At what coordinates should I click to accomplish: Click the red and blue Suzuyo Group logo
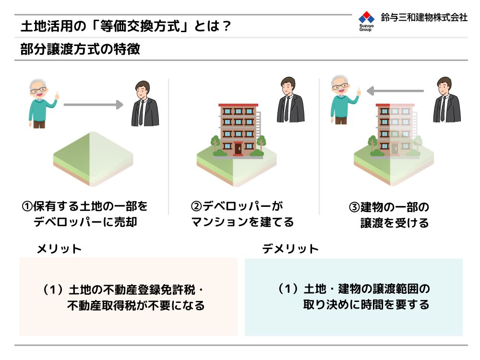366,21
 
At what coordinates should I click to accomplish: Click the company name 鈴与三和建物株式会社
424,17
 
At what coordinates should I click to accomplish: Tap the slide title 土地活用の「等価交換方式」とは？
126,26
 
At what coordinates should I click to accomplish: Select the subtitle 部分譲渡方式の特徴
80,49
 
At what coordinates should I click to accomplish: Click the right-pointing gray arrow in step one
94,105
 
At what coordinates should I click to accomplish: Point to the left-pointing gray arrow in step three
395,91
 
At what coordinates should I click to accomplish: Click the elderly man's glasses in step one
38,90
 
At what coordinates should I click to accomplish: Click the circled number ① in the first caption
27,206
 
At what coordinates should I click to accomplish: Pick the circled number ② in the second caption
196,206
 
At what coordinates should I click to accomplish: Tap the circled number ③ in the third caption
355,207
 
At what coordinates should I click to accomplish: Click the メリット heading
59,249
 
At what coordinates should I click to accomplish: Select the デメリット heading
290,249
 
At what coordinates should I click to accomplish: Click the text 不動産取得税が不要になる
136,305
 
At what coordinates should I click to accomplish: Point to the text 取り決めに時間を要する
366,305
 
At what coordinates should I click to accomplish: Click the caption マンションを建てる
242,222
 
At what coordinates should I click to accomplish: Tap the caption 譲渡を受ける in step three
395,223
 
